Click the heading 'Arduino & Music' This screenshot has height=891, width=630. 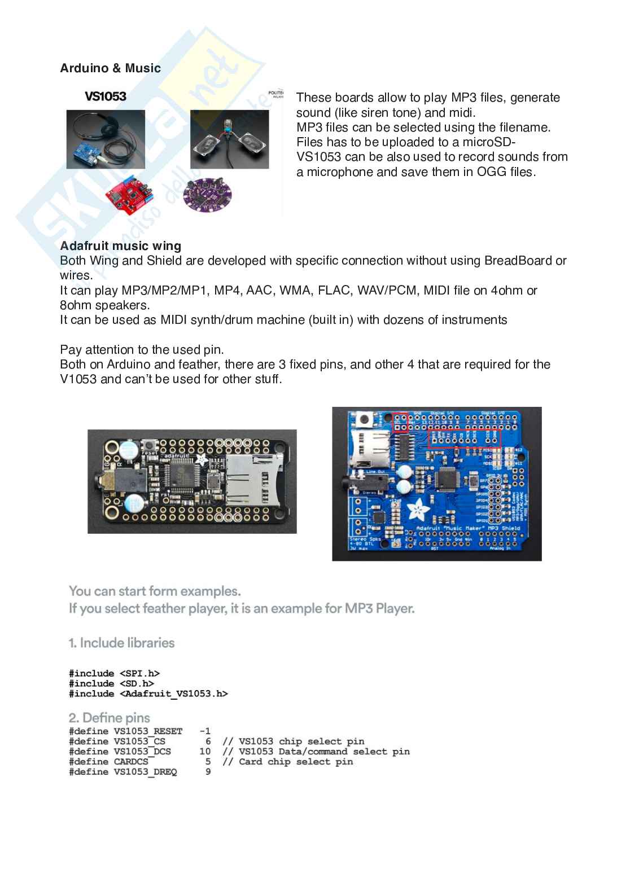[x=110, y=68]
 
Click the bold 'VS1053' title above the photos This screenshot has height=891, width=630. [x=106, y=96]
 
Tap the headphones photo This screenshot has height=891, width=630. [x=106, y=139]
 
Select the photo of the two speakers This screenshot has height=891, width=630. [x=229, y=139]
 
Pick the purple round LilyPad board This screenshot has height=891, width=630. [x=207, y=195]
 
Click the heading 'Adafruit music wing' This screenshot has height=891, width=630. [x=120, y=246]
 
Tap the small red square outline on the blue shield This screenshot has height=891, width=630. [x=400, y=422]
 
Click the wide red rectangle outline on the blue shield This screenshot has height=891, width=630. [x=464, y=438]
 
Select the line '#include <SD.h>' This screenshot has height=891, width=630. [x=111, y=683]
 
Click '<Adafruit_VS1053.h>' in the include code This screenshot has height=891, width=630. [x=173, y=694]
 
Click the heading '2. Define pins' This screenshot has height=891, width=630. [x=110, y=718]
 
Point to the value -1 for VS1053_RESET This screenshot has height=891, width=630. [x=205, y=731]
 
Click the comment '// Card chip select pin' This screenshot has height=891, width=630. [x=288, y=761]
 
